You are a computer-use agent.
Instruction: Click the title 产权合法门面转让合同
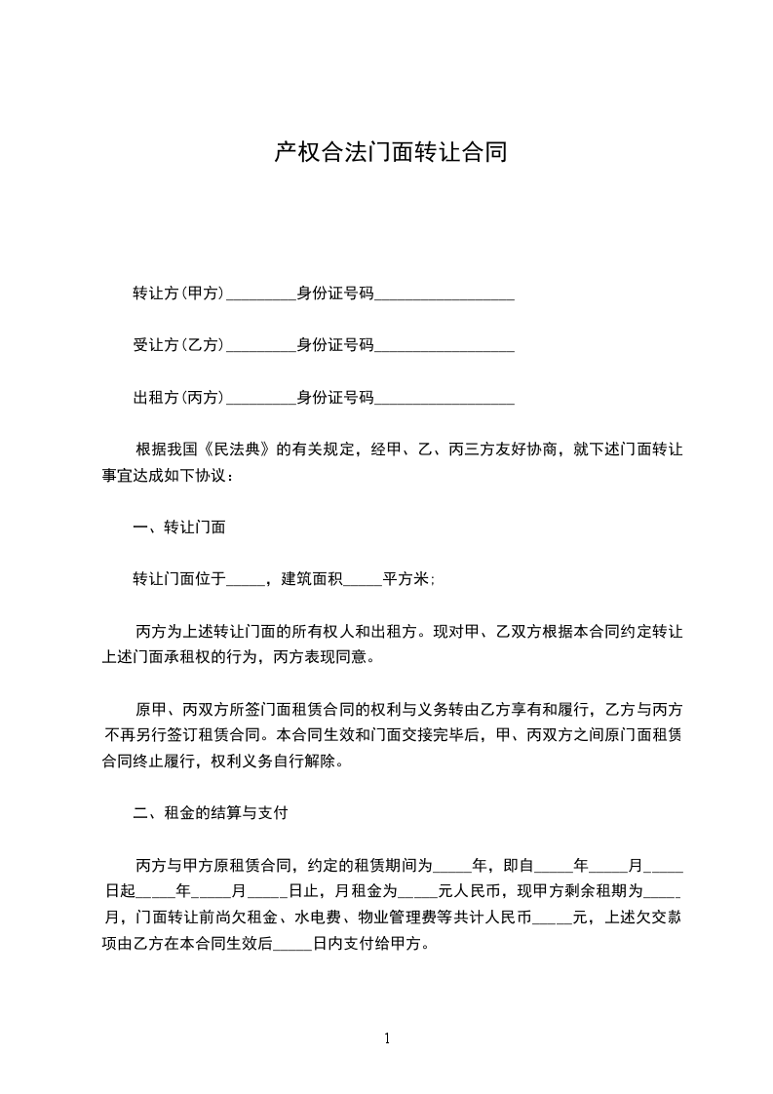coord(390,153)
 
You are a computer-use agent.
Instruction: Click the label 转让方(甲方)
coord(179,293)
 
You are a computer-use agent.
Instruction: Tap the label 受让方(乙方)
coord(179,344)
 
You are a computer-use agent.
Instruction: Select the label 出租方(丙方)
coord(179,397)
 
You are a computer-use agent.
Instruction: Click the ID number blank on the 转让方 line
coord(444,294)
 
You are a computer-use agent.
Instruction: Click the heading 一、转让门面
coord(179,527)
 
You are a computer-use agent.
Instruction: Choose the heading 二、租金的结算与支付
coord(209,811)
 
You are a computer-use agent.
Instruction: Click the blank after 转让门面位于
coord(246,580)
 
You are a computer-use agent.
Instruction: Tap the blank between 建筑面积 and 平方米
coord(363,580)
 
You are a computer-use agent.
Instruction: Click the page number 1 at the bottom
coord(387,1038)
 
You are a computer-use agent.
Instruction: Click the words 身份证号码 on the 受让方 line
coord(335,344)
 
